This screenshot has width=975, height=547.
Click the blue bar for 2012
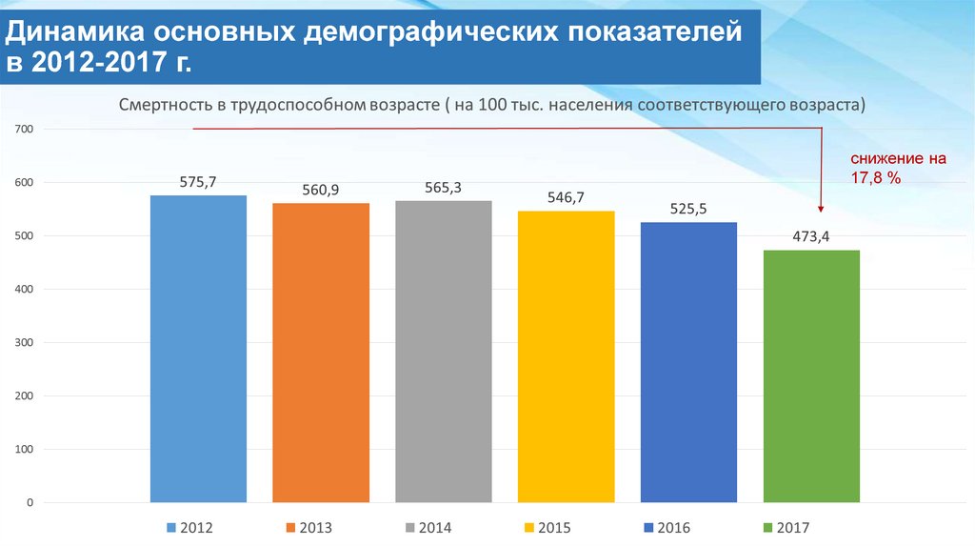click(x=198, y=348)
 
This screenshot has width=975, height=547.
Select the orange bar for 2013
click(x=321, y=352)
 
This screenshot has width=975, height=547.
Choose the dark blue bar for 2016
click(x=688, y=361)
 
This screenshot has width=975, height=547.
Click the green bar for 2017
click(x=811, y=375)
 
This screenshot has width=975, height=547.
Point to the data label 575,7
click(x=198, y=181)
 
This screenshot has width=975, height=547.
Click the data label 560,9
click(x=321, y=190)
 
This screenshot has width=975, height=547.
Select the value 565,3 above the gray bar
click(x=444, y=187)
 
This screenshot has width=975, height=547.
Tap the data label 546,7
click(x=567, y=197)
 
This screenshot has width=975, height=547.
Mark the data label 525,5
click(x=688, y=209)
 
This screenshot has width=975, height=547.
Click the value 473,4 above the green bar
click(x=811, y=236)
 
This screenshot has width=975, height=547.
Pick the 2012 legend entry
click(x=189, y=527)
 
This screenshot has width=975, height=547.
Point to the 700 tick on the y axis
click(x=25, y=129)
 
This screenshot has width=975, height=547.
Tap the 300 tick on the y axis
click(x=25, y=342)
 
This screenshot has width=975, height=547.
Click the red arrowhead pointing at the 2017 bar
click(x=820, y=207)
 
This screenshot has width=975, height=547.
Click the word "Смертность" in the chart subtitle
click(x=166, y=104)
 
